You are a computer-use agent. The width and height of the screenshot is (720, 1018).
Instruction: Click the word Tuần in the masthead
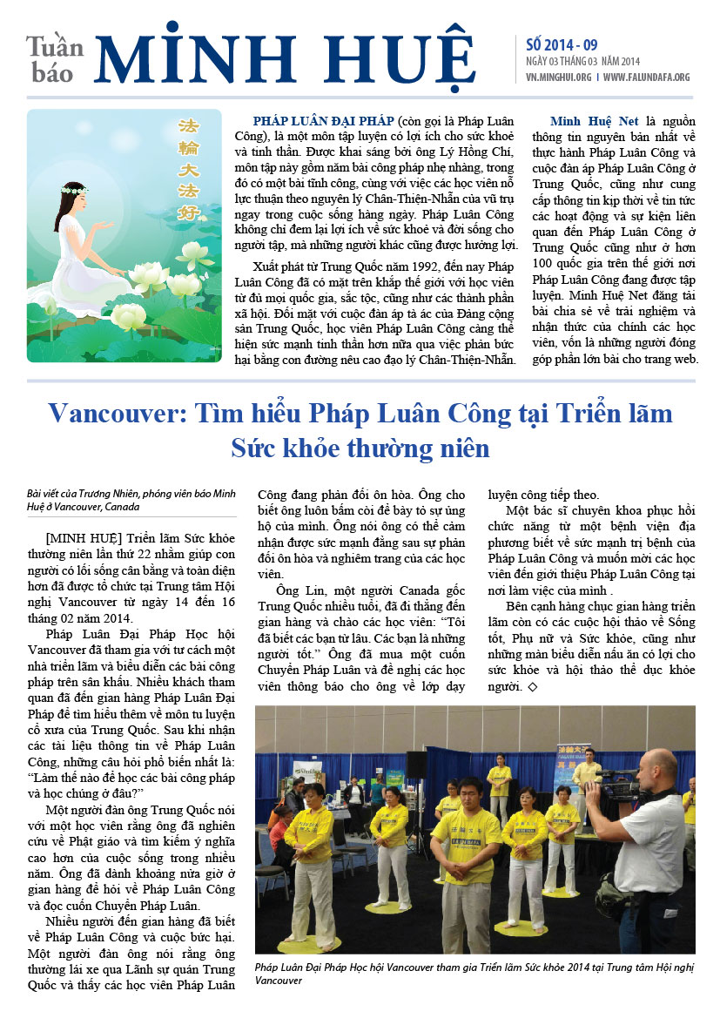[x=55, y=45]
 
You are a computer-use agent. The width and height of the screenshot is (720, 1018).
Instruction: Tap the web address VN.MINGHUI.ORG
[x=558, y=77]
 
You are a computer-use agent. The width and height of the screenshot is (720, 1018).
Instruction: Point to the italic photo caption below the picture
[x=474, y=973]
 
